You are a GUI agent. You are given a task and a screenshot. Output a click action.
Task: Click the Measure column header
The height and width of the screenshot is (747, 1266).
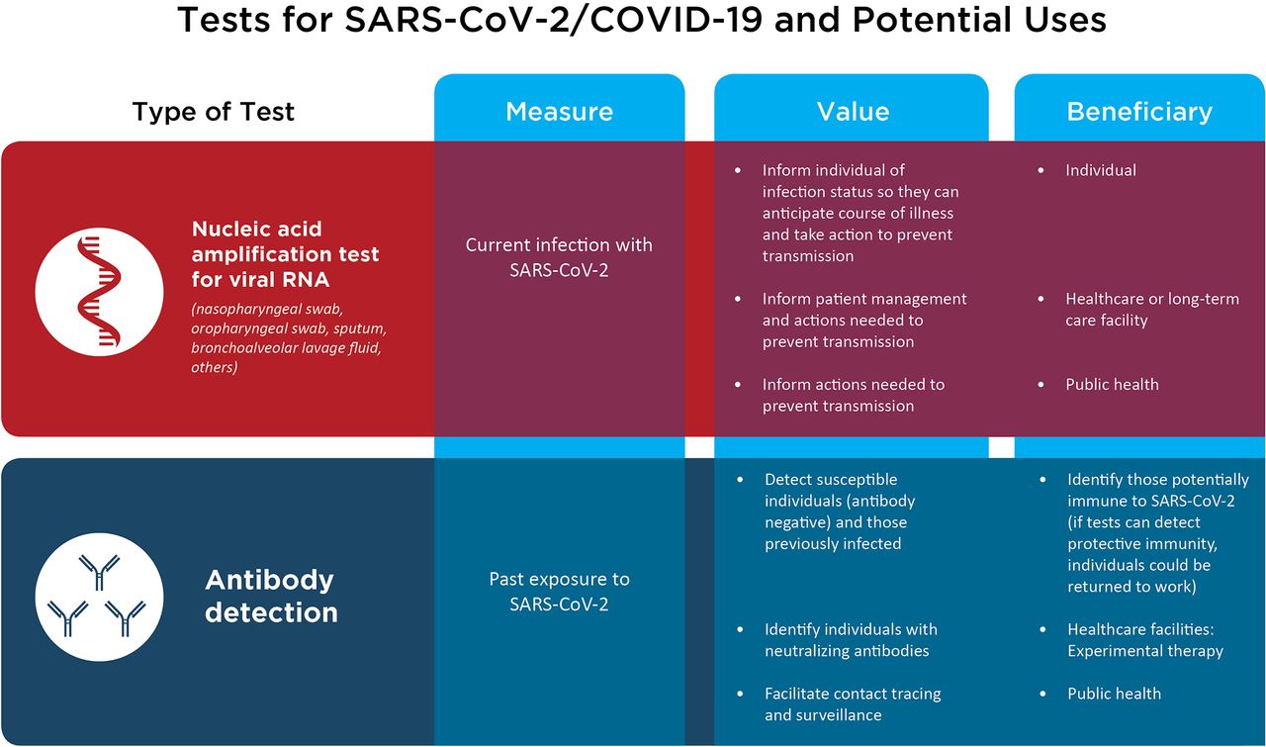pos(559,112)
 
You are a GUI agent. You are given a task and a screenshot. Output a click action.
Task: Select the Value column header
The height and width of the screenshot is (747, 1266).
pos(852,112)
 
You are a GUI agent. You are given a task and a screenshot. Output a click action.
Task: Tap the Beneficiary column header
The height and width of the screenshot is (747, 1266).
pos(1138,112)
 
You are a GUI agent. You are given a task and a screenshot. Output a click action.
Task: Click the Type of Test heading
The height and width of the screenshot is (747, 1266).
pos(214,112)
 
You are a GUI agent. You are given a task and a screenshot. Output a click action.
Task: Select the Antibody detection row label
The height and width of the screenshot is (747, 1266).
pos(271,596)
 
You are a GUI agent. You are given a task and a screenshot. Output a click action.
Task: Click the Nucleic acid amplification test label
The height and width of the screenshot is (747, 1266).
pos(285,254)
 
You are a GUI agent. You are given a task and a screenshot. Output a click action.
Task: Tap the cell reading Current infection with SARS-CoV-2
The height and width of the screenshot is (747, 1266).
pos(559,256)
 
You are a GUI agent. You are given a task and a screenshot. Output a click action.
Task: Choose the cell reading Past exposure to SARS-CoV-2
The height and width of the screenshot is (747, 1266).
pos(559,591)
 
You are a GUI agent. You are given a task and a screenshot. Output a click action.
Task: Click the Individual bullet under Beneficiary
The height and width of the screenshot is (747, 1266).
pos(1100,170)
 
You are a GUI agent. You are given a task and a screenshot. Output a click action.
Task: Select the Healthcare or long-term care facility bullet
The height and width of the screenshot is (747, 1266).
pos(1150,310)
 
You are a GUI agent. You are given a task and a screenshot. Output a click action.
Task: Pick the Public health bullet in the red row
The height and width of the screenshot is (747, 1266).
pos(1111,384)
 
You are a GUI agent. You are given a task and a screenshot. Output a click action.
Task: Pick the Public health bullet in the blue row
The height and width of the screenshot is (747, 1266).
pos(1114,694)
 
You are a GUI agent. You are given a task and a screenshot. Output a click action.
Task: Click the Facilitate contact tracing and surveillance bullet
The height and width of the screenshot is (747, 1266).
pos(852,703)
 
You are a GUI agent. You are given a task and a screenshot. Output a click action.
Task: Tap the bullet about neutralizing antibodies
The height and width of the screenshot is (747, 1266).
pos(850,639)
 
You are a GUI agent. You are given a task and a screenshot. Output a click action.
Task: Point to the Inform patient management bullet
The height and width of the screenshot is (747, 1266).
pos(863,320)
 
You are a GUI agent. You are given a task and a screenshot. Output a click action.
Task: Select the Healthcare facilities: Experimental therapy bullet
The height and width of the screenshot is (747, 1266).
pos(1144,639)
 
